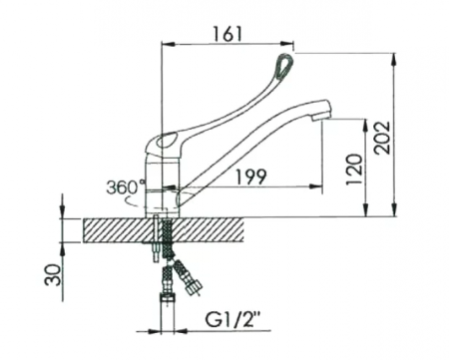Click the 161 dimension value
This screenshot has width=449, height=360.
click(227, 34)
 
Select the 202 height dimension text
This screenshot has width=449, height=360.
click(381, 138)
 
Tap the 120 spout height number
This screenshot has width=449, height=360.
click(354, 170)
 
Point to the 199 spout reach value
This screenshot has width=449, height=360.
click(251, 177)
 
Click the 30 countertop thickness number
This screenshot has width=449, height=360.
click(53, 275)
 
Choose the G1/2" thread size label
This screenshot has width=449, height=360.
click(232, 320)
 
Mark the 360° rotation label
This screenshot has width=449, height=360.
click(126, 187)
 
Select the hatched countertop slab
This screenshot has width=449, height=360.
click(163, 230)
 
